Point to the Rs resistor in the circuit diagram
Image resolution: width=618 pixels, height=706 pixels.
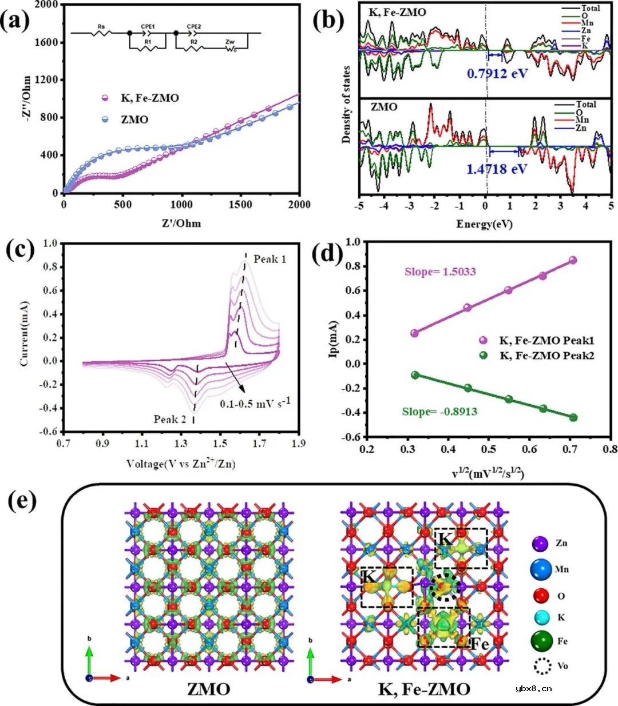pyautogui.click(x=101, y=34)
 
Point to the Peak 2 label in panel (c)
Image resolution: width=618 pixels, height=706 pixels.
pyautogui.click(x=170, y=420)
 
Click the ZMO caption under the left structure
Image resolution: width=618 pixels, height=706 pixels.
pyautogui.click(x=209, y=689)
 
